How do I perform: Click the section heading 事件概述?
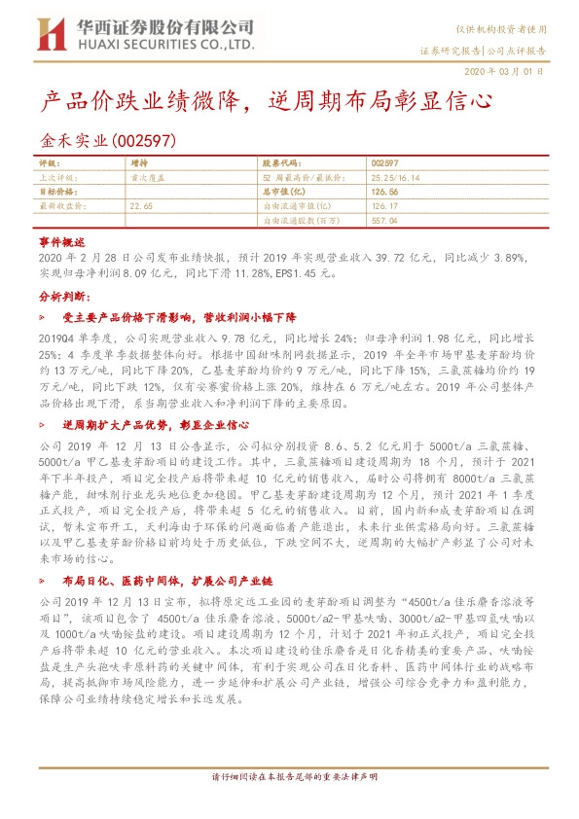62,240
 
